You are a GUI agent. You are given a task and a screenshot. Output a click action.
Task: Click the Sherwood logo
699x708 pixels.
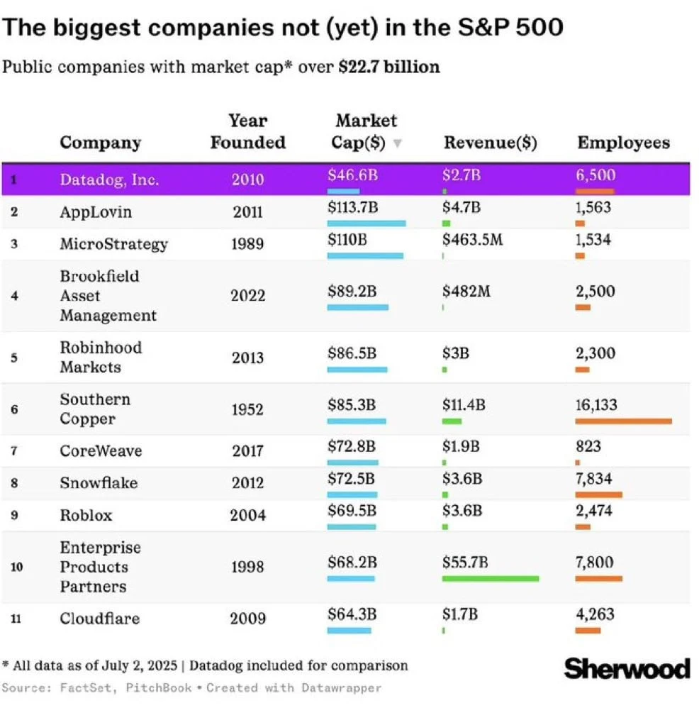627,668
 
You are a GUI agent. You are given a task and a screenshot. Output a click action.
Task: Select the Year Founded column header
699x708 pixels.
247,131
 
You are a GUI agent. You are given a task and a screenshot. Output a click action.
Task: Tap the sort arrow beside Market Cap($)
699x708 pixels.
398,143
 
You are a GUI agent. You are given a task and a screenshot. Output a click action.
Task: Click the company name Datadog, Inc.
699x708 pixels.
109,179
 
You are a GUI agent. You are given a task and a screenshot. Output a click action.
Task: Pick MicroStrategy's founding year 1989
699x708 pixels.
247,244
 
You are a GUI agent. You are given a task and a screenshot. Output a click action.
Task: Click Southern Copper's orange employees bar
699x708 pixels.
623,421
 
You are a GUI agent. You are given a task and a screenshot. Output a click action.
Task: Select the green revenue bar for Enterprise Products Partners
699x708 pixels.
490,578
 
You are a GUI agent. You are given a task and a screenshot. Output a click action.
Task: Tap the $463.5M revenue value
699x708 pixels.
472,239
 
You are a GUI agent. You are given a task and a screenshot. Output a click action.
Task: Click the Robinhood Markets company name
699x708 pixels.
101,357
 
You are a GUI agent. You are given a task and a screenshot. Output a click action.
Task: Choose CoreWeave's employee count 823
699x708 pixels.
588,446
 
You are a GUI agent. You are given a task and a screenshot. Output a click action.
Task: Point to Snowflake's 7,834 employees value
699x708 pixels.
594,478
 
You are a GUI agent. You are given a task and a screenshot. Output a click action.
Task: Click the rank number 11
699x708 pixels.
15,619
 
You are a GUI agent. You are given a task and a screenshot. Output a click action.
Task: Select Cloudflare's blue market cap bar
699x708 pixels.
349,630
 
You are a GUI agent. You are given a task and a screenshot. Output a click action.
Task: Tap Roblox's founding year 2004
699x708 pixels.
247,515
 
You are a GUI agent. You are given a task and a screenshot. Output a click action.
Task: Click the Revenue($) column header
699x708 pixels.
490,143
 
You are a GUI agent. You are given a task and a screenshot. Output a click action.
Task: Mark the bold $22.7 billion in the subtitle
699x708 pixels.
389,67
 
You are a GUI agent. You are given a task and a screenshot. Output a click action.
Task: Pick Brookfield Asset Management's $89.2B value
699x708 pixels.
352,291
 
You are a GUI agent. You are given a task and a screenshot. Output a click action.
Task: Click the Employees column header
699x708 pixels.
623,143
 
